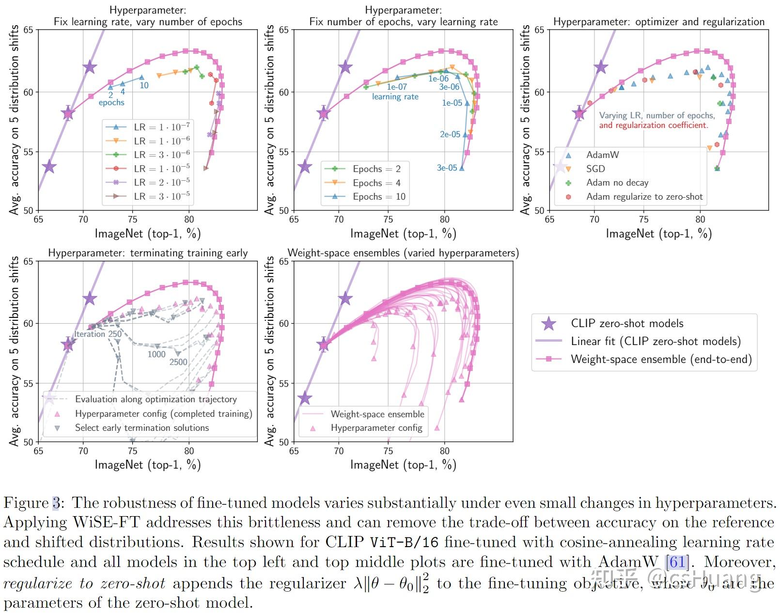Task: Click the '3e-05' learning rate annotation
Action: (x=447, y=168)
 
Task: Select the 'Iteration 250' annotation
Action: (x=97, y=334)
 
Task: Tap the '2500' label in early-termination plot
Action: (x=178, y=362)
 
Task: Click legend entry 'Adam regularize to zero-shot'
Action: (x=644, y=196)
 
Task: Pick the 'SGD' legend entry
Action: (x=595, y=169)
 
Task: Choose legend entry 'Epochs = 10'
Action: (x=379, y=196)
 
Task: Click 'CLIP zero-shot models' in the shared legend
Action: (x=627, y=323)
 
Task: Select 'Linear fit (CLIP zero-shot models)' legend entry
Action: (x=655, y=341)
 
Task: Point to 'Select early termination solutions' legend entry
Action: (x=141, y=427)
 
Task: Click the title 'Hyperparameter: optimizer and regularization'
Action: (x=658, y=22)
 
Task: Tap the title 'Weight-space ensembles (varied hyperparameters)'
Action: (x=403, y=253)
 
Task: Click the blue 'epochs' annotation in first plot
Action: (x=111, y=102)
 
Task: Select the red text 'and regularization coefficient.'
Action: (x=653, y=125)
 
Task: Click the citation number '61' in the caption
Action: (x=677, y=562)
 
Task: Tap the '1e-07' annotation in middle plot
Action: (x=397, y=87)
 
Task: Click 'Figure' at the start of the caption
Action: (x=26, y=503)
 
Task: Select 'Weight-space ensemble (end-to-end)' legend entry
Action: (x=661, y=359)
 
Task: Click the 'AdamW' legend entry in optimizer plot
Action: (x=602, y=155)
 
